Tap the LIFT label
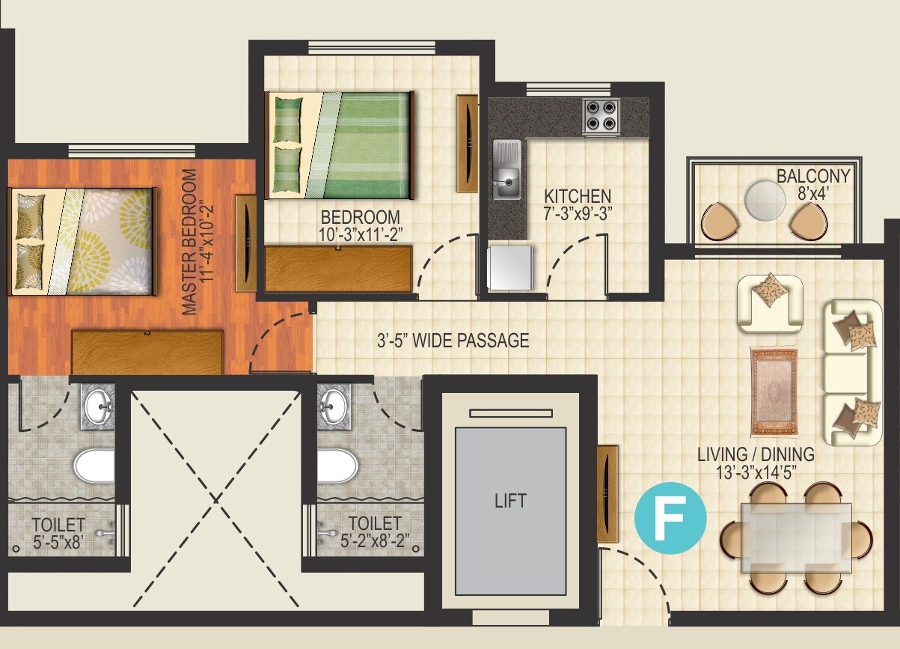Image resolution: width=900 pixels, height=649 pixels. [510, 500]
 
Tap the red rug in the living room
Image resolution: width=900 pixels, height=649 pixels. [775, 391]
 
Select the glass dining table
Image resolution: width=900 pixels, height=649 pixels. [795, 537]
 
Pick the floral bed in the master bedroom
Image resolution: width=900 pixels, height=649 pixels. [82, 240]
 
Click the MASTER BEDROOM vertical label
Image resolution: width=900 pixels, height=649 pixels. [190, 242]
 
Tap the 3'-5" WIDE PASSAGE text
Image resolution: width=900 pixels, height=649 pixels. [453, 341]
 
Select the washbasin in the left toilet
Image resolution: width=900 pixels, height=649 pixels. [98, 409]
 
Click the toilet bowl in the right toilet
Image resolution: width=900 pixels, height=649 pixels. [337, 466]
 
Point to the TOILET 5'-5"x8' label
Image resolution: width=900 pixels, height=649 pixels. [58, 532]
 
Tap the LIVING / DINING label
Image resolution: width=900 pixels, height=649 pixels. [756, 463]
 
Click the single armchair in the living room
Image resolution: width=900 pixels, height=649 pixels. [770, 302]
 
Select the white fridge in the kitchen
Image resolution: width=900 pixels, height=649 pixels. [510, 266]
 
